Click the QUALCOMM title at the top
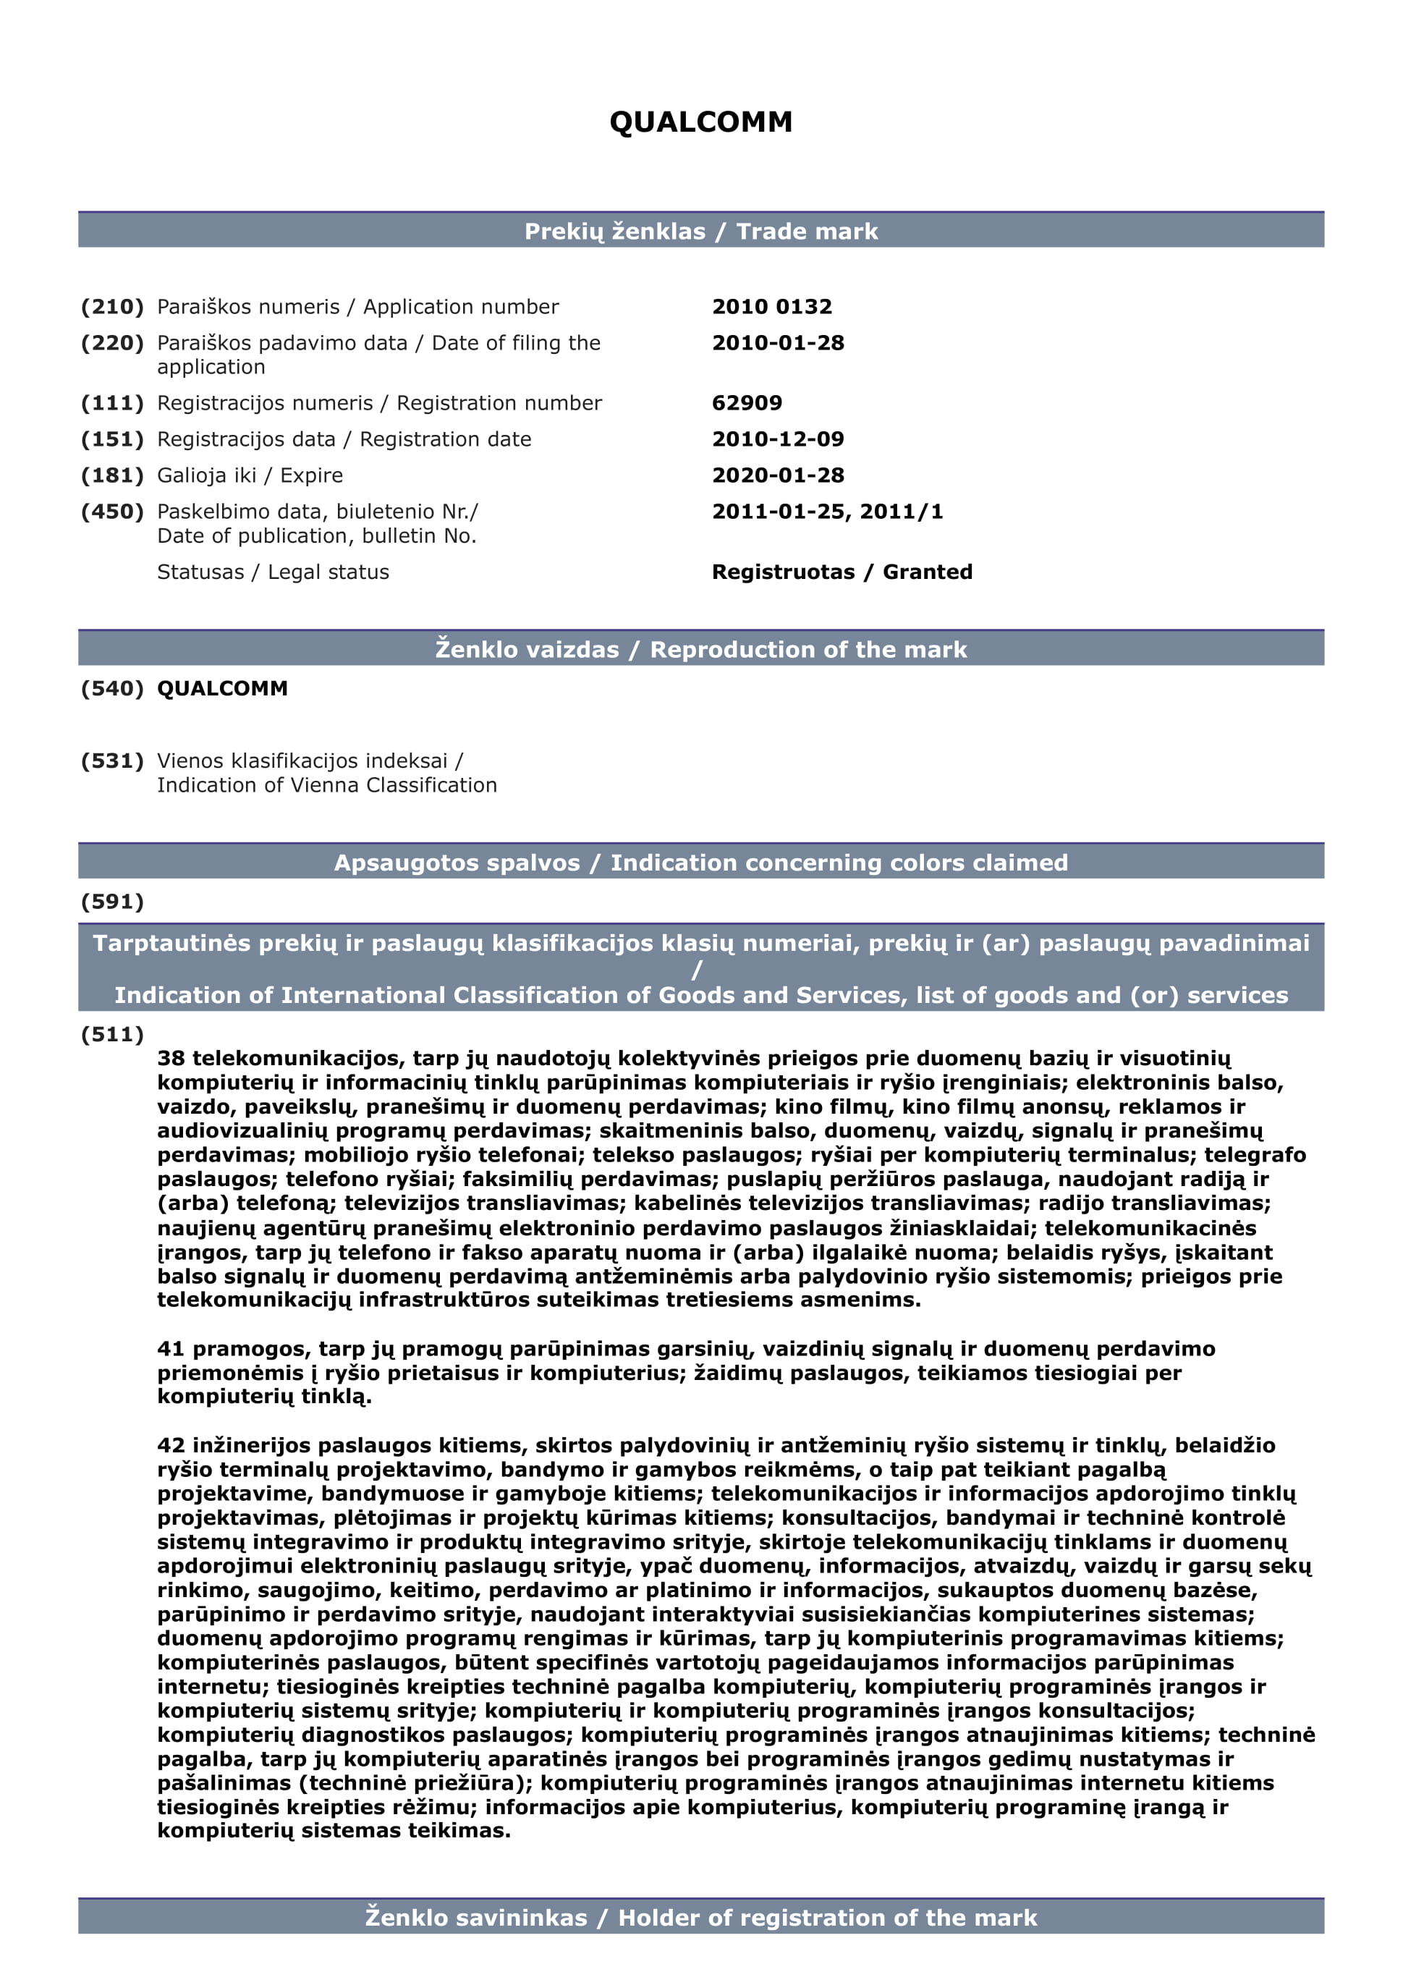(700, 122)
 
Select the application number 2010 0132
(771, 307)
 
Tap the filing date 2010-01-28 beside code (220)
(778, 343)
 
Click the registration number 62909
(747, 402)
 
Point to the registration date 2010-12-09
(778, 439)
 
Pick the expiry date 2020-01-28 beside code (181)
(778, 475)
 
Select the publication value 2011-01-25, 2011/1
(827, 512)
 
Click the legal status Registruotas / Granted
(842, 572)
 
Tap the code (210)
(112, 307)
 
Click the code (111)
(112, 402)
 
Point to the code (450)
(112, 512)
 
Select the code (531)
(112, 761)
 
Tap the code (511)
(112, 1034)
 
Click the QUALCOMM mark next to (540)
(222, 689)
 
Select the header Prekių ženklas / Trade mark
(700, 232)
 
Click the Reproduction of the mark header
(700, 650)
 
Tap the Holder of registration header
(700, 1918)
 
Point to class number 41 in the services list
(170, 1349)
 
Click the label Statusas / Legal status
(273, 572)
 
